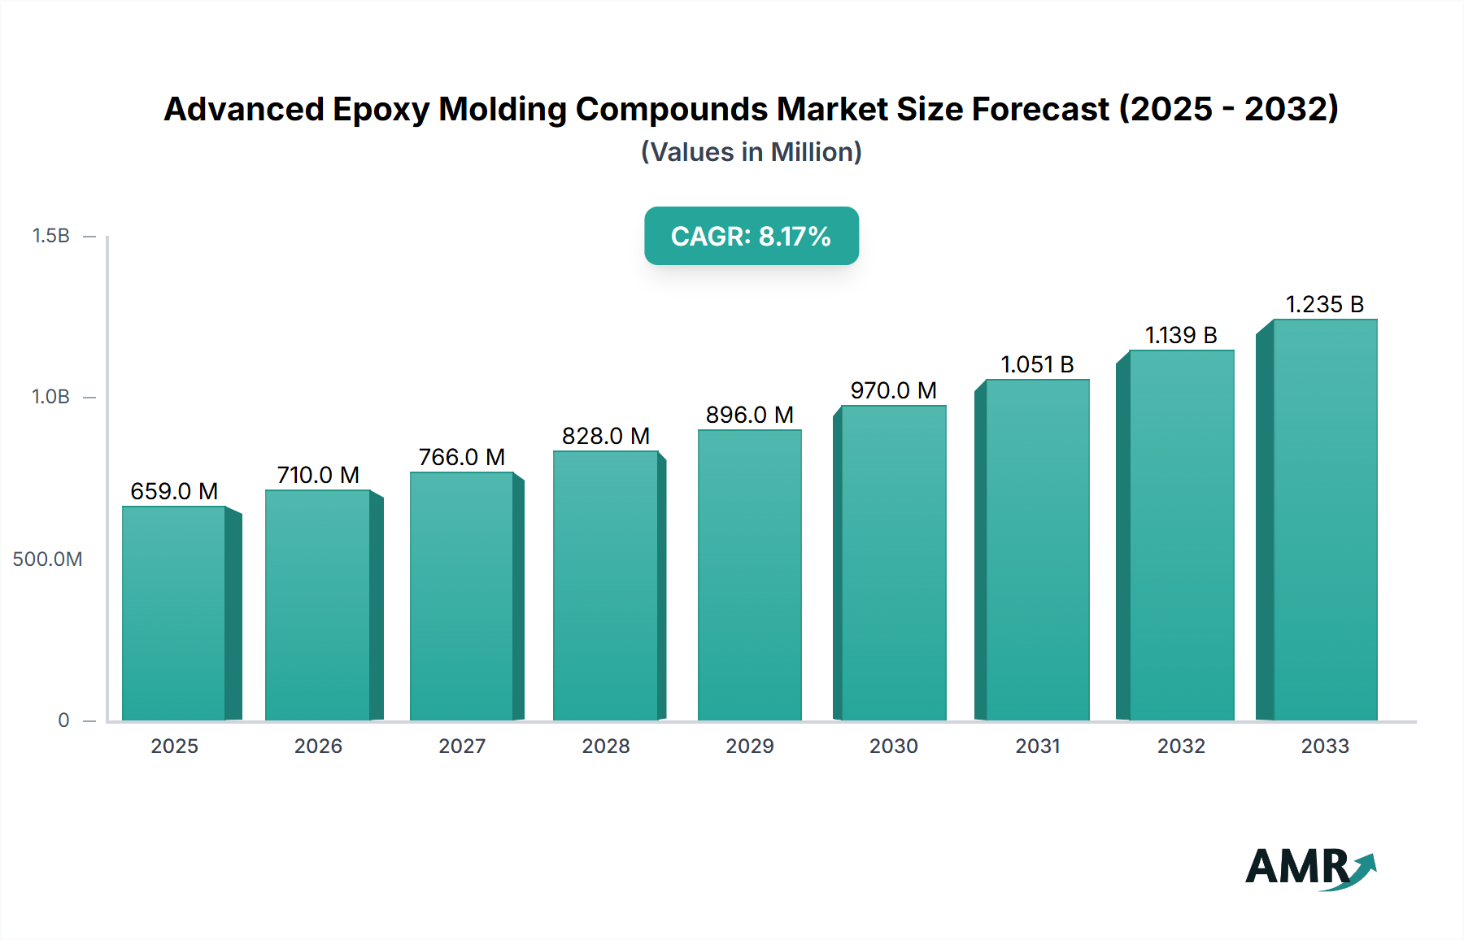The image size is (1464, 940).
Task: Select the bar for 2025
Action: pos(174,613)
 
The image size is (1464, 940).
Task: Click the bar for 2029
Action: pos(749,575)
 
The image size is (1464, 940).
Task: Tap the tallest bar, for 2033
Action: pos(1324,520)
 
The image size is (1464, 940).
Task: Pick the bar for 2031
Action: pos(1037,550)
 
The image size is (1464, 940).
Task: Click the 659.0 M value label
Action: pos(174,491)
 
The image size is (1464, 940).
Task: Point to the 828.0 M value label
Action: pos(606,436)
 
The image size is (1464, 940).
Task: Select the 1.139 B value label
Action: pos(1181,335)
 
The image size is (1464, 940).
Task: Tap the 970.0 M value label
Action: pos(893,390)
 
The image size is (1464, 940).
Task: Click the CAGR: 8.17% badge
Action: pos(751,236)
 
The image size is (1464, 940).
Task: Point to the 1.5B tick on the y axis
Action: pos(50,236)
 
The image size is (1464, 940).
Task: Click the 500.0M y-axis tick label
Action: pos(47,559)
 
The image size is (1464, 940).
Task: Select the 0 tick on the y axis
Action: pos(63,720)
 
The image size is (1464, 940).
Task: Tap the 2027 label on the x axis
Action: pos(462,746)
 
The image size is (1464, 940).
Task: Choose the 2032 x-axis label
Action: pos(1181,746)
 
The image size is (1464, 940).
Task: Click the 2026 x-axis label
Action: pos(318,746)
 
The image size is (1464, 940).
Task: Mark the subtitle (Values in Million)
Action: pos(751,152)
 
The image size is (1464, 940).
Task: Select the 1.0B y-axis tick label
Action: pos(50,397)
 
